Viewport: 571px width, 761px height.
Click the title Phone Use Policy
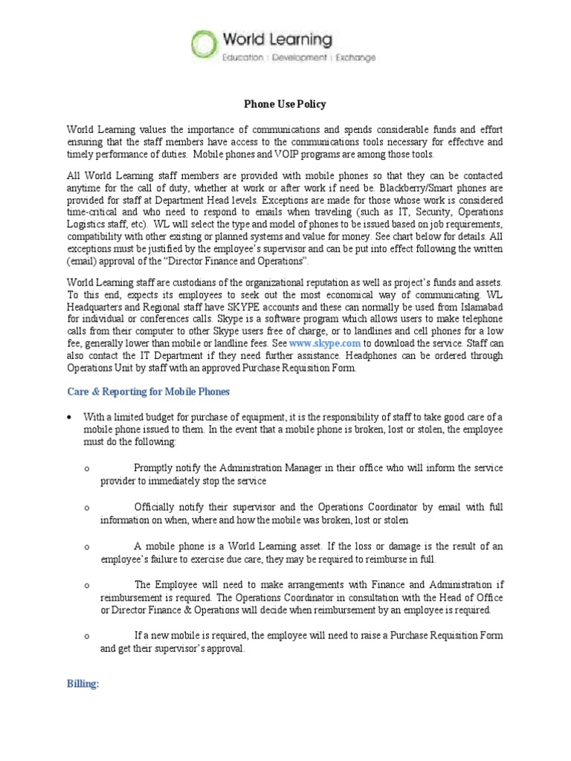pyautogui.click(x=285, y=104)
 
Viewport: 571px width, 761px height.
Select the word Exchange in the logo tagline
pyautogui.click(x=355, y=58)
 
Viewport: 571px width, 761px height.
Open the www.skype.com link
pyautogui.click(x=325, y=343)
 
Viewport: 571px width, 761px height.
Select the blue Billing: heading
pyautogui.click(x=83, y=684)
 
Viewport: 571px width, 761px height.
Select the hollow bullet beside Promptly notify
pyautogui.click(x=88, y=469)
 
